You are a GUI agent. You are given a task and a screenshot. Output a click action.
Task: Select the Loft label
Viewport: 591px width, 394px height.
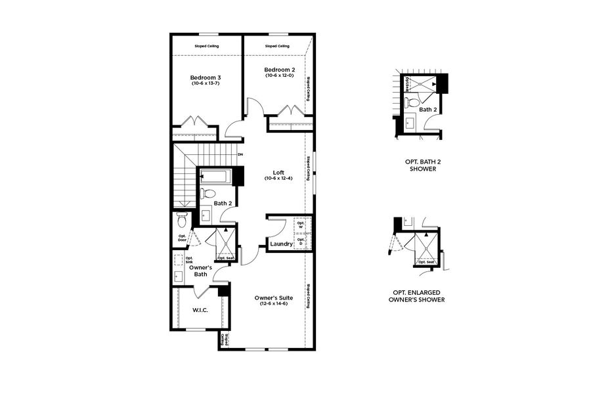pyautogui.click(x=278, y=172)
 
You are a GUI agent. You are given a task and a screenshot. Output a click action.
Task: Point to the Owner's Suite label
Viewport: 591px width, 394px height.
pyautogui.click(x=273, y=297)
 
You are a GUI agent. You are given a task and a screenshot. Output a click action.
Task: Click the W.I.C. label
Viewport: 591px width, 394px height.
pyautogui.click(x=200, y=309)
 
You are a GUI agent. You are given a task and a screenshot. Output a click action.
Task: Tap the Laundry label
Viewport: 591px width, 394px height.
pyautogui.click(x=281, y=244)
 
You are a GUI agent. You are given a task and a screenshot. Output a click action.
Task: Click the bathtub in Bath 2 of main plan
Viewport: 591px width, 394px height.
pyautogui.click(x=214, y=176)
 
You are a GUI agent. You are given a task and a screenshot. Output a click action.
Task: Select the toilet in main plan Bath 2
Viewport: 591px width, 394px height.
pyautogui.click(x=208, y=193)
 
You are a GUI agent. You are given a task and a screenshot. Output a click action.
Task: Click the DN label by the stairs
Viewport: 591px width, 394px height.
pyautogui.click(x=240, y=154)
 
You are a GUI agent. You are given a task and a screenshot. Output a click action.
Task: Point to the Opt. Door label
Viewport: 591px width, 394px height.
pyautogui.click(x=182, y=238)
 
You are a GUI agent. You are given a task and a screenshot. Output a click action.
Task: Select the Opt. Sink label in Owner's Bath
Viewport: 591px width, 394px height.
pyautogui.click(x=180, y=260)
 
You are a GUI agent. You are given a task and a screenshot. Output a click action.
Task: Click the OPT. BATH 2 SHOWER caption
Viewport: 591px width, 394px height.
pyautogui.click(x=420, y=164)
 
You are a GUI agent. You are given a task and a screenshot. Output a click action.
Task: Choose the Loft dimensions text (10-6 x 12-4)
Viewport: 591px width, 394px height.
pyautogui.click(x=278, y=179)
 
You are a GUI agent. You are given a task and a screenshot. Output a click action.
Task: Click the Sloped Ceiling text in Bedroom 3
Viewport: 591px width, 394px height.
pyautogui.click(x=206, y=46)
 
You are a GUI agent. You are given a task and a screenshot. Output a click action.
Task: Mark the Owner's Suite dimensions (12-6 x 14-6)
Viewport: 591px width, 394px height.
pyautogui.click(x=273, y=303)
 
